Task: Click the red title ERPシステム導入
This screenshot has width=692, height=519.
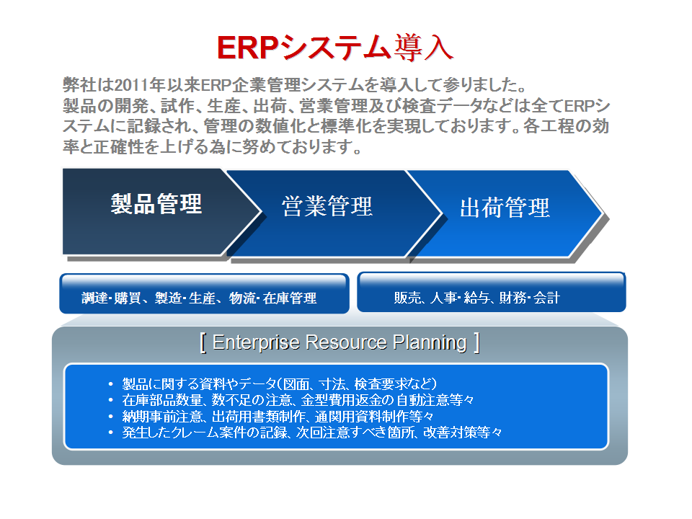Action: [x=335, y=48]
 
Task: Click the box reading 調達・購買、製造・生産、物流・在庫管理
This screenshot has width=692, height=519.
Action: [x=204, y=293]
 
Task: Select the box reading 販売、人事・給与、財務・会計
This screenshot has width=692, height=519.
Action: [x=491, y=292]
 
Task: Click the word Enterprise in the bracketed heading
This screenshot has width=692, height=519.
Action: [x=256, y=342]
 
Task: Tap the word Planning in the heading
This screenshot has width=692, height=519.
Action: [x=430, y=343]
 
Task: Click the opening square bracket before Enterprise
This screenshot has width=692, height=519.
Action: [x=203, y=343]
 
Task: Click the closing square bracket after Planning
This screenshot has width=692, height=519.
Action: [x=476, y=343]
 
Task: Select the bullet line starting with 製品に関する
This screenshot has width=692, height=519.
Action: [x=280, y=384]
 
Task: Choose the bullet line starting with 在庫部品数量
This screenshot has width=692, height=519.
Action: [x=298, y=400]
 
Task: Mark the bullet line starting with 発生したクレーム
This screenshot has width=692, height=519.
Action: [x=312, y=432]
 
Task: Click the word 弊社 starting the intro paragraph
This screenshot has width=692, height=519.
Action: [x=79, y=85]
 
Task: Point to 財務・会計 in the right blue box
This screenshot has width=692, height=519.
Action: [x=529, y=298]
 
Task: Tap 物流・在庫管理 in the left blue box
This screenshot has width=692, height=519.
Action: [x=272, y=298]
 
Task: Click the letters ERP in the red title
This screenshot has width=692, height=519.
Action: [x=247, y=48]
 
